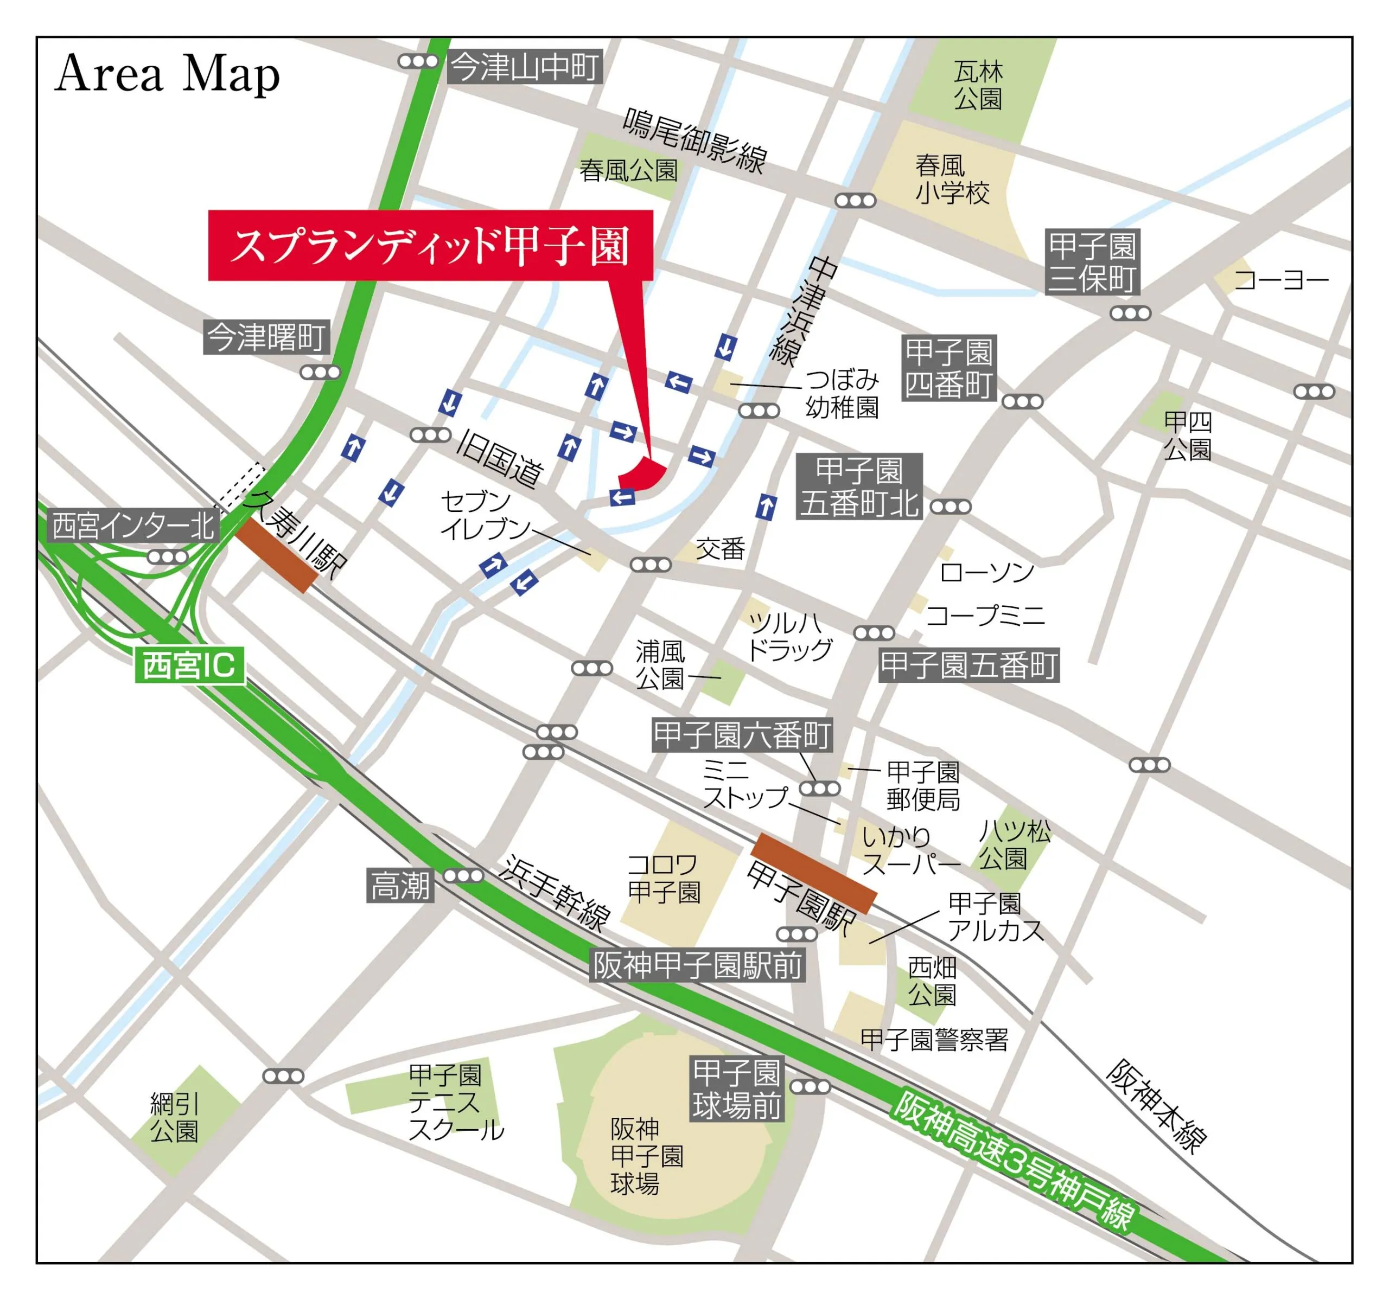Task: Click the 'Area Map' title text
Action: pos(167,75)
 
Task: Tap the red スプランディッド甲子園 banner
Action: pos(430,246)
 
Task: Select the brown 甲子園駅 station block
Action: pos(813,873)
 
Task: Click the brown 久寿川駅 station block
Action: pos(277,555)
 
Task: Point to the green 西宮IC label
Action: pos(189,664)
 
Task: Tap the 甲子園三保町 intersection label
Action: pos(1092,262)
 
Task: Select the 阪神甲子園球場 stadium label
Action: pos(646,1156)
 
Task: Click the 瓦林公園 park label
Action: pos(978,85)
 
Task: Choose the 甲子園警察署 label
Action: pos(934,1040)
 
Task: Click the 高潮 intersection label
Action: pos(400,886)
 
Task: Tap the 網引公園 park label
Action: pos(175,1118)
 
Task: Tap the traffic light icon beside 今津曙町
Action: pos(320,373)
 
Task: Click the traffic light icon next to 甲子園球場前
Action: pos(810,1087)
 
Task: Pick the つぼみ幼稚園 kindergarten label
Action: pos(842,393)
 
